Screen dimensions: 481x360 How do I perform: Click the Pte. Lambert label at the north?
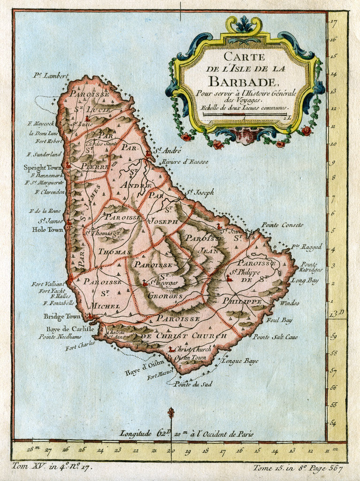51,75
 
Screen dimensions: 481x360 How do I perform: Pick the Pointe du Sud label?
193,384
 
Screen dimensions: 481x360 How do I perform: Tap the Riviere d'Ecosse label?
184,162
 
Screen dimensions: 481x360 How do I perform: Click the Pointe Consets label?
282,225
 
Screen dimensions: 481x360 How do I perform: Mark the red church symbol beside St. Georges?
145,283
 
